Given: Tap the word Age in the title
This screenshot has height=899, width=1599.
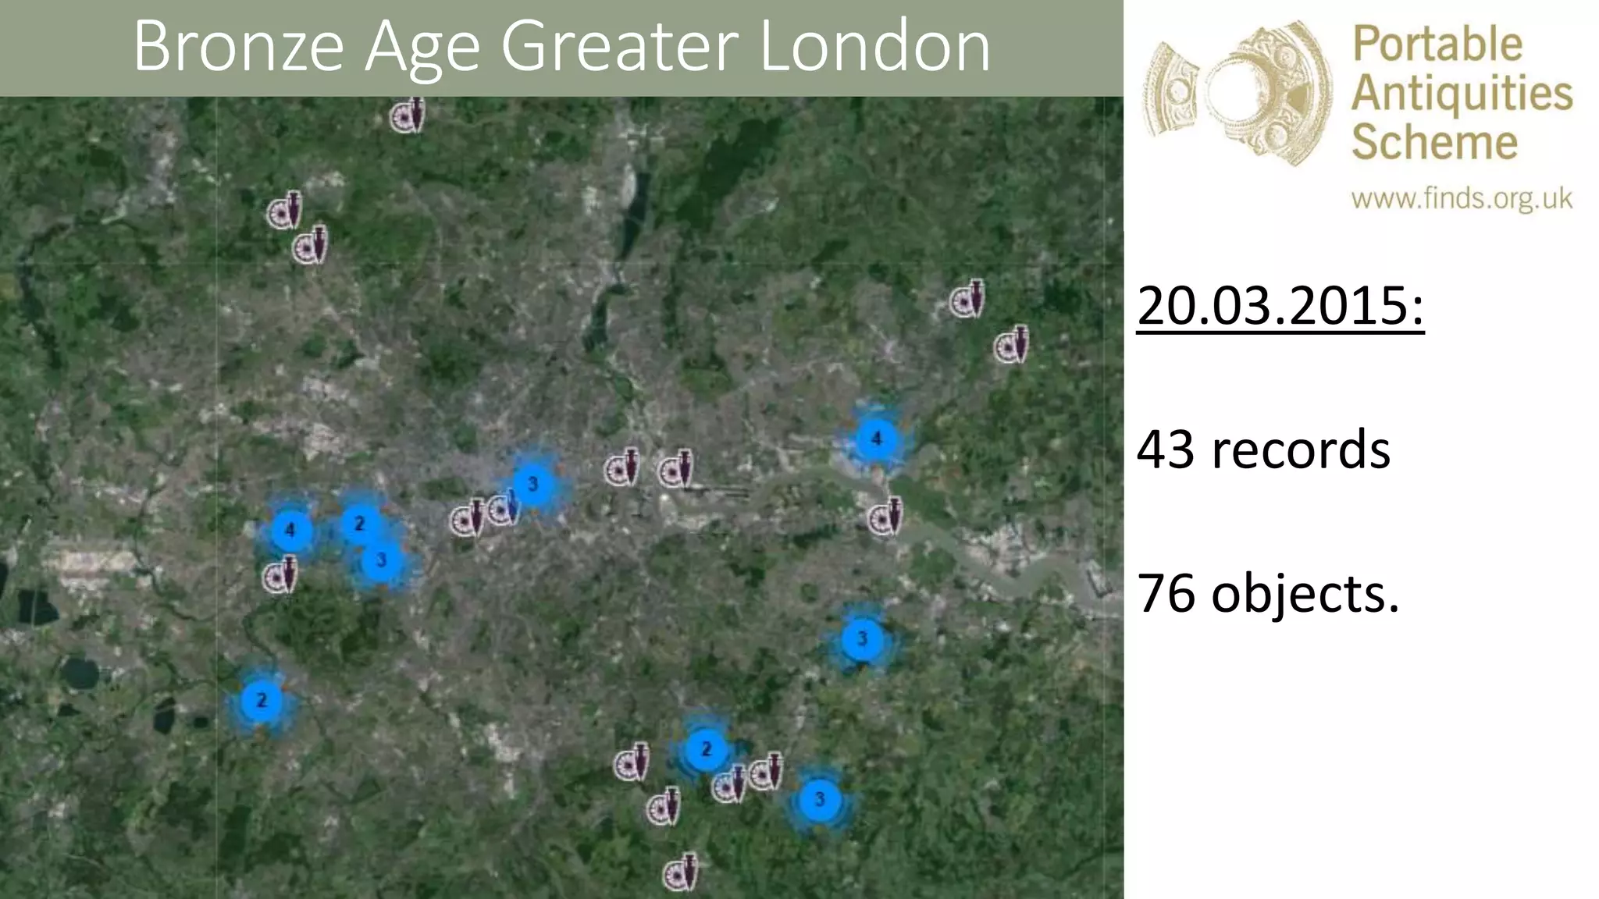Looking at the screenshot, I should [x=422, y=48].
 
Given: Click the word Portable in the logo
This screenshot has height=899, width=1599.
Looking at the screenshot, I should [x=1437, y=45].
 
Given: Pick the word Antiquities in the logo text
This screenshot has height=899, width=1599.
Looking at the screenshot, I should [x=1462, y=94].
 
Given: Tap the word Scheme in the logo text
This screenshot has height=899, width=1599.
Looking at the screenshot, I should [x=1434, y=142].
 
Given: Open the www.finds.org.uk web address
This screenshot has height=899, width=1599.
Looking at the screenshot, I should [x=1462, y=199].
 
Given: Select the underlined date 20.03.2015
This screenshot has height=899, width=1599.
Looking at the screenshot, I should [x=1280, y=305].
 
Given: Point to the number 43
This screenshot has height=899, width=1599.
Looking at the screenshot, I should [x=1166, y=449].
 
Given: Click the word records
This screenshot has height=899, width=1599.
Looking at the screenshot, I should [x=1301, y=449].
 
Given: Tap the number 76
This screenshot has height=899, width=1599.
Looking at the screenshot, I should [x=1166, y=594].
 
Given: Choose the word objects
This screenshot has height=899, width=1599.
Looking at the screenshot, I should [x=1305, y=594].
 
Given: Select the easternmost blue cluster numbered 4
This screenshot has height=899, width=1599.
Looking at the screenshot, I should [x=876, y=439].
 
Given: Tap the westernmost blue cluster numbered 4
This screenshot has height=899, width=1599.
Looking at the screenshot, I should [x=290, y=530].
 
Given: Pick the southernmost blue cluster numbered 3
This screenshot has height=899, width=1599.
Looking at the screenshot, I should [x=819, y=799].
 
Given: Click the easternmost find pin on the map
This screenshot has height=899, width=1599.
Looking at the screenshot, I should [x=1011, y=346].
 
